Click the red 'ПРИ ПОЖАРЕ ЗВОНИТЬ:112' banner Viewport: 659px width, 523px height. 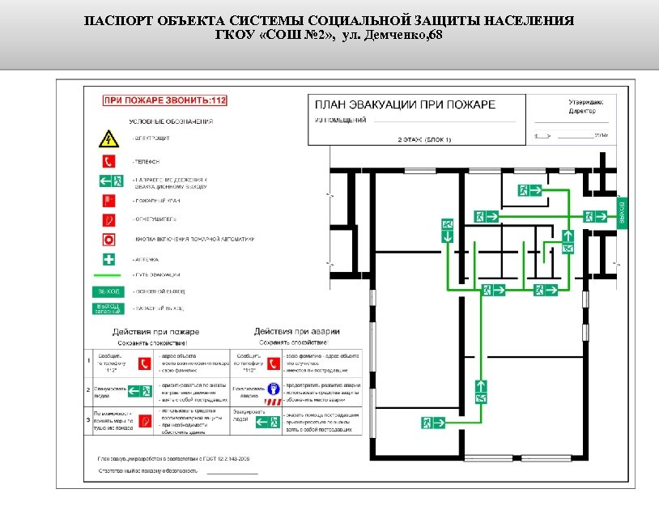click(x=164, y=100)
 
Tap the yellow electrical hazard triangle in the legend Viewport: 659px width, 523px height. click(x=108, y=139)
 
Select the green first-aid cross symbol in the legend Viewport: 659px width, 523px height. click(x=108, y=260)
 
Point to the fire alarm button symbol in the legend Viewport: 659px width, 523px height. click(x=108, y=239)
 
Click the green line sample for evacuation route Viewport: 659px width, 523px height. click(x=108, y=275)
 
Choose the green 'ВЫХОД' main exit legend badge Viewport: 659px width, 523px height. click(x=108, y=290)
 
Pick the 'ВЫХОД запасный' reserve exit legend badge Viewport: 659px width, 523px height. click(x=108, y=308)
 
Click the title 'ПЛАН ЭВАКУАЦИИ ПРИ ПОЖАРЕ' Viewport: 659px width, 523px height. click(x=404, y=104)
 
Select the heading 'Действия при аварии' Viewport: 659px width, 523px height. click(x=296, y=331)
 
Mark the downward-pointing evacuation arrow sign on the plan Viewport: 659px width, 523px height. click(x=446, y=236)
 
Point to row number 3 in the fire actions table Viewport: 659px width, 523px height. click(x=88, y=419)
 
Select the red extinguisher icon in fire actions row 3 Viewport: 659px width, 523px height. click(x=146, y=420)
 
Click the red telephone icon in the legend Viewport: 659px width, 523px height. click(x=108, y=160)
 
